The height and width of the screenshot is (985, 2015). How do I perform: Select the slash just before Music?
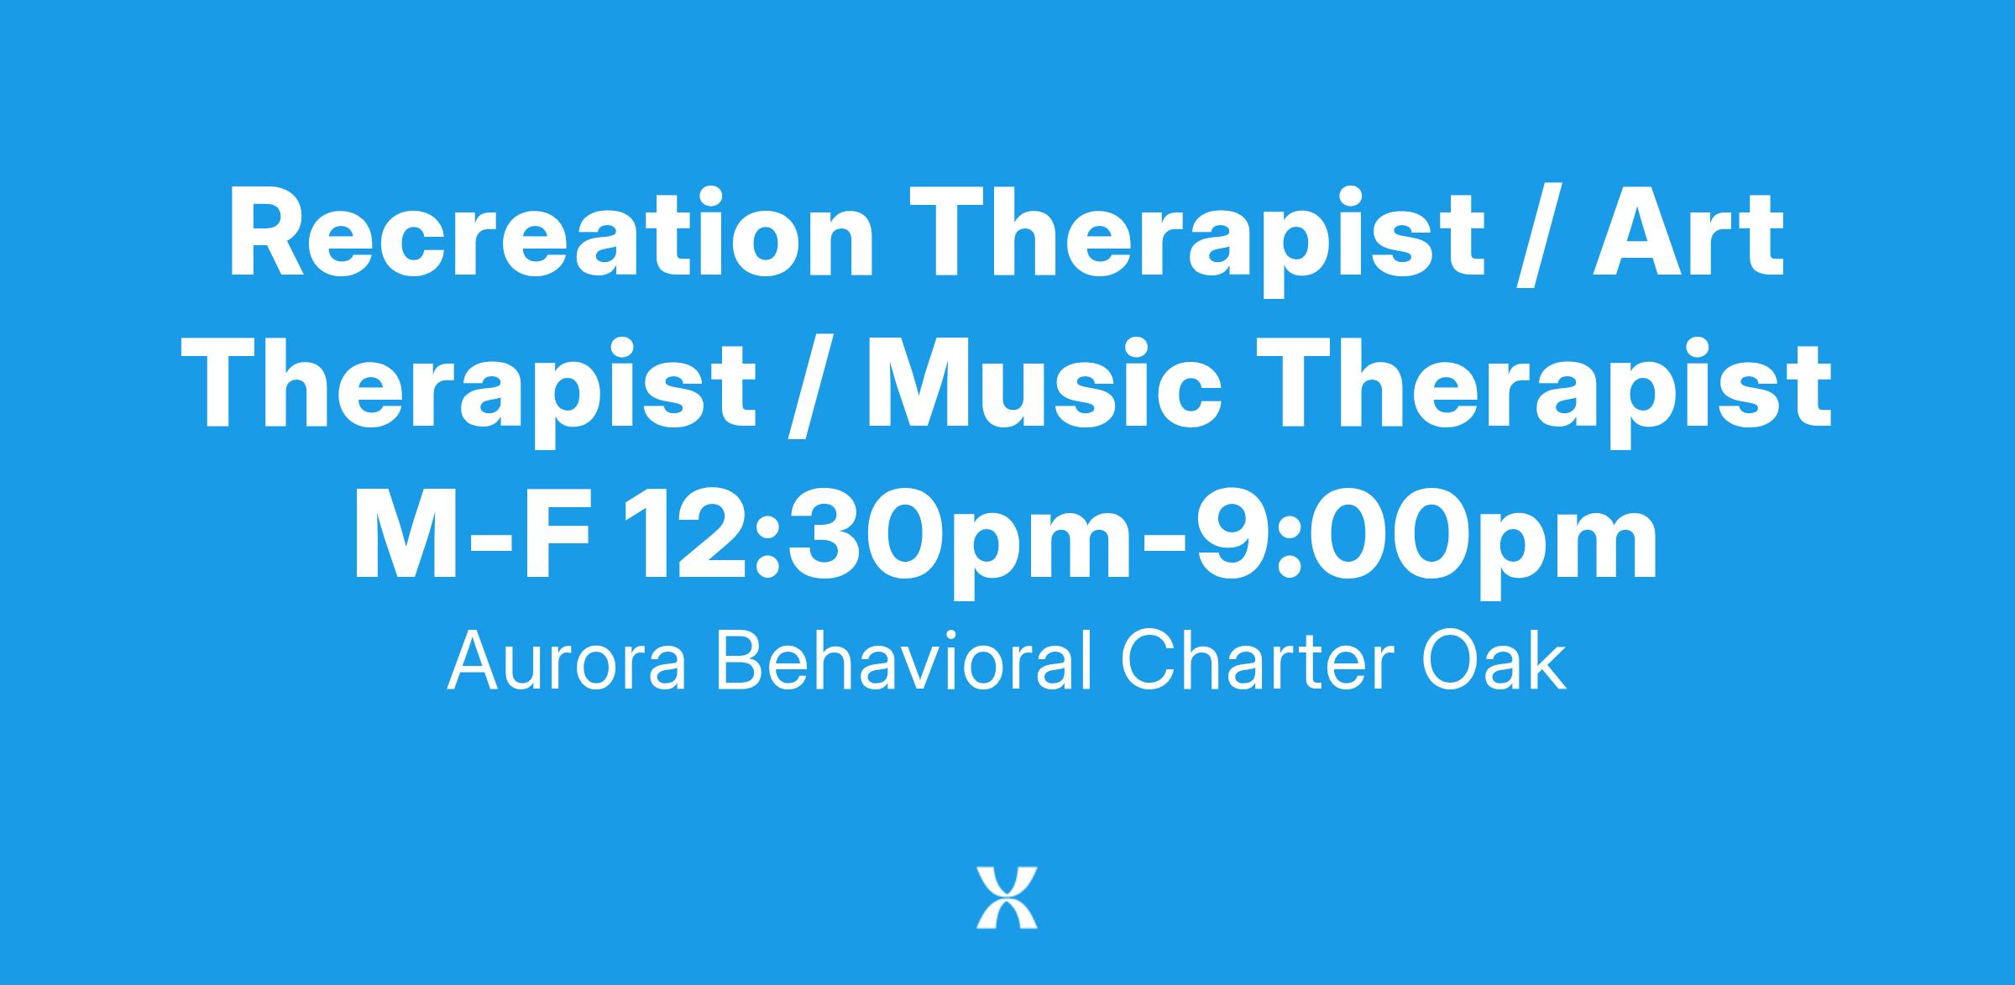(x=811, y=390)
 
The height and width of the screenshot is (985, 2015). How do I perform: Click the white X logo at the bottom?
(x=1007, y=898)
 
